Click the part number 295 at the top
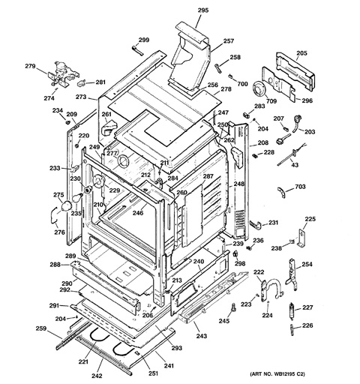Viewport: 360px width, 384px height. coord(202,10)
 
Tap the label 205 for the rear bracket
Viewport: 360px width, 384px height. coord(301,53)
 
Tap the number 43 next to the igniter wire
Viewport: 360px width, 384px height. coord(294,164)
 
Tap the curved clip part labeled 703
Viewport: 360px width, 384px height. coord(279,190)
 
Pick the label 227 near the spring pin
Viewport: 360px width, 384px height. coord(307,307)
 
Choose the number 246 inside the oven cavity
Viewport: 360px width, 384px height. coord(138,214)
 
